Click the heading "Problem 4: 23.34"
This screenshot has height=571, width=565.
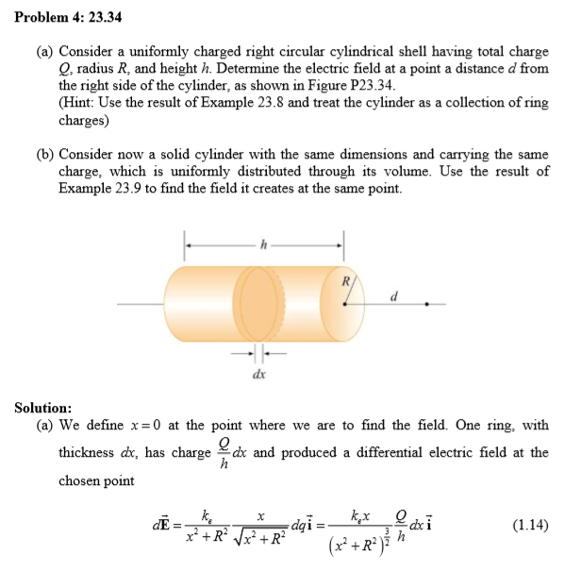click(68, 18)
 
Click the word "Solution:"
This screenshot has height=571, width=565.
click(43, 408)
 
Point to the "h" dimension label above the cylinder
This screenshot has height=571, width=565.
click(264, 243)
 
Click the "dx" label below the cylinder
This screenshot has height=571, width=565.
click(258, 375)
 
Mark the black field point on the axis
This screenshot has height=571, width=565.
click(428, 305)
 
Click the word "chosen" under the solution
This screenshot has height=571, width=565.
click(82, 480)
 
